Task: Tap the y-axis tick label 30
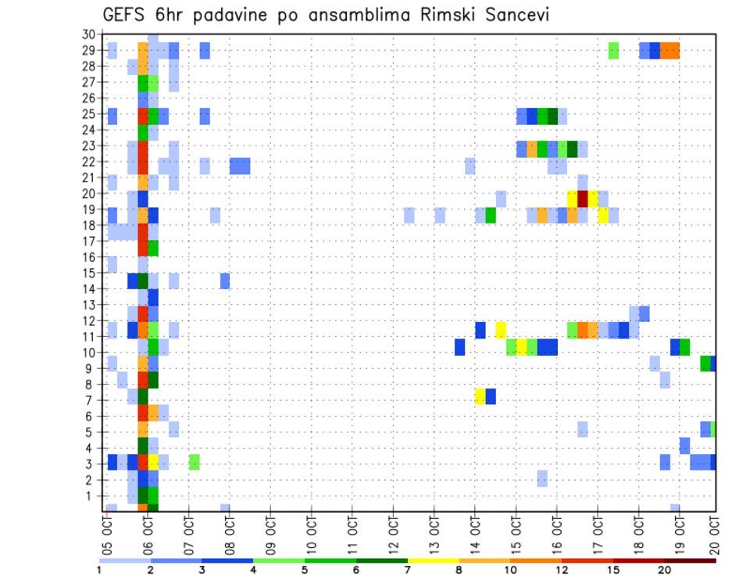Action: coord(88,34)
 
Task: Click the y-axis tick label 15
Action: coord(88,273)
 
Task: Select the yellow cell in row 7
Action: coord(480,396)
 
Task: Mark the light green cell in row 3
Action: coord(195,462)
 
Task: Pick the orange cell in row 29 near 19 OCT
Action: coord(670,51)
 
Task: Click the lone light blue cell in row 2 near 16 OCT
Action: coord(542,478)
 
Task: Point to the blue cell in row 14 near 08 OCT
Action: coord(225,281)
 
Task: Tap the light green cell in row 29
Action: coord(613,51)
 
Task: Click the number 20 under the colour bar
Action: coord(664,569)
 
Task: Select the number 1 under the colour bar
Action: coord(99,569)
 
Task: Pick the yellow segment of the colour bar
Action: coord(434,560)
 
